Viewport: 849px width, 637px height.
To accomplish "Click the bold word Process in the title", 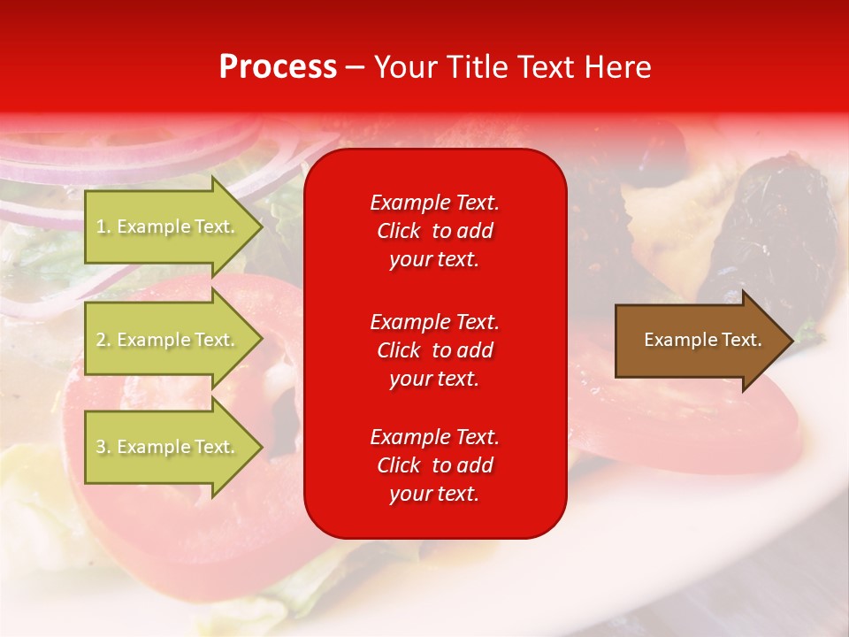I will (278, 67).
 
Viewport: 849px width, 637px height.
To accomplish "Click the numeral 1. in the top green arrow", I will (103, 226).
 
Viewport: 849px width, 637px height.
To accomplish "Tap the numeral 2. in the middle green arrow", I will (103, 340).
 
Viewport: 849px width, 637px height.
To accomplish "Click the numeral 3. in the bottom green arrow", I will (103, 447).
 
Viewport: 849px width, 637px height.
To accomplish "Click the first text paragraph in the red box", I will (434, 231).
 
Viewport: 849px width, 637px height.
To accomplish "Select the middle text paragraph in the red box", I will (434, 350).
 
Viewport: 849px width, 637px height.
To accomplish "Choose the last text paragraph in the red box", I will (434, 465).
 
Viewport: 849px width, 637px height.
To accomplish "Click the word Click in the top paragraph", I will (399, 231).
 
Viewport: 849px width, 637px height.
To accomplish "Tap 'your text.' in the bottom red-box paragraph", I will (434, 494).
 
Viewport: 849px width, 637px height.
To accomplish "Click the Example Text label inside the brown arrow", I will (702, 340).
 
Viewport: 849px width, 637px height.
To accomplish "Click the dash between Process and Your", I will (355, 67).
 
